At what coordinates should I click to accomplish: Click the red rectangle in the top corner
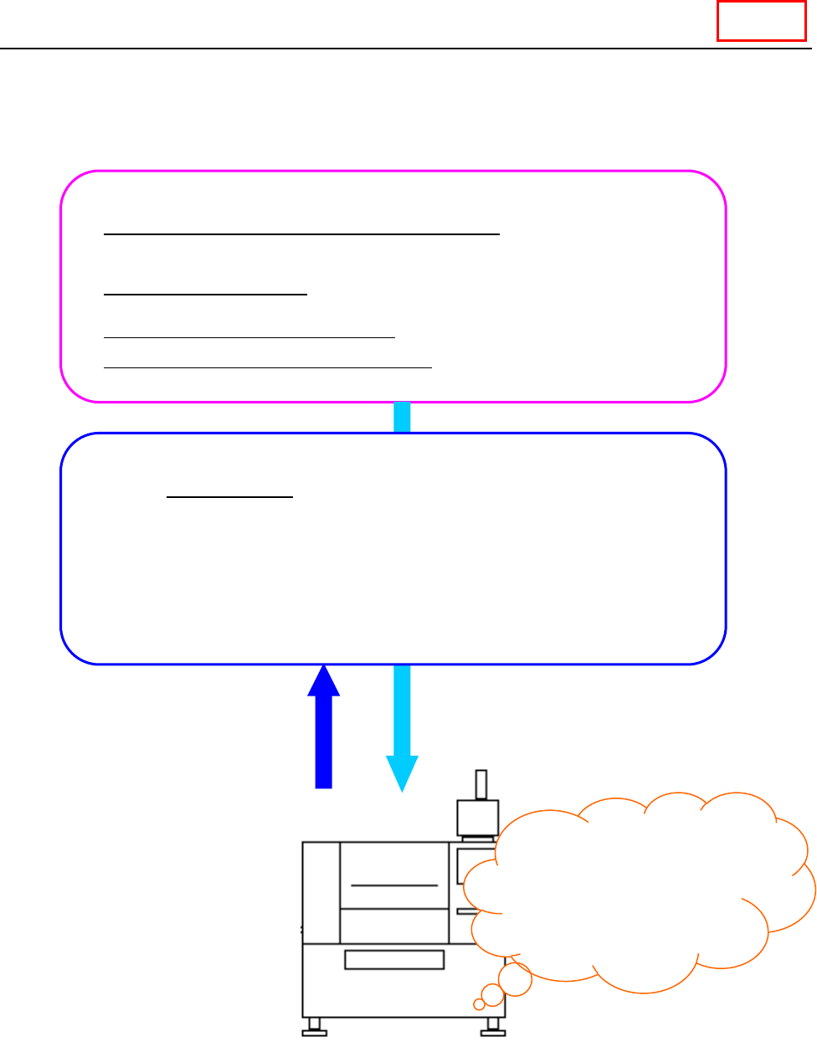click(x=761, y=21)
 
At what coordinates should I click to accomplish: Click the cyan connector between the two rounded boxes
click(x=402, y=418)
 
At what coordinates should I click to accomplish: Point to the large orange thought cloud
click(x=636, y=887)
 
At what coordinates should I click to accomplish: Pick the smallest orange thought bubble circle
click(x=479, y=1004)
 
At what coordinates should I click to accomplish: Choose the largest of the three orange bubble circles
click(x=516, y=978)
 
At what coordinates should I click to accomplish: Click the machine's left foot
click(x=314, y=1027)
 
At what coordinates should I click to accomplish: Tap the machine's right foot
click(x=493, y=1027)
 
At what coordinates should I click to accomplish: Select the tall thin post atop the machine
click(x=481, y=785)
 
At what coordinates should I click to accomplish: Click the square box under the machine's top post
click(x=477, y=817)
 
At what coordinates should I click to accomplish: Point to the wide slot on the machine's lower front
click(x=394, y=960)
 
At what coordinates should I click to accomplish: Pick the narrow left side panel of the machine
click(x=321, y=892)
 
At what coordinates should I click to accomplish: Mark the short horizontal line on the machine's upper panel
click(x=394, y=885)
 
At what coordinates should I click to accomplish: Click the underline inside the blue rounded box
click(x=230, y=497)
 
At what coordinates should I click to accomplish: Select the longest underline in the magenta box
click(x=301, y=235)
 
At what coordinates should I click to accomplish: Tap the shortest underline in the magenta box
click(x=206, y=295)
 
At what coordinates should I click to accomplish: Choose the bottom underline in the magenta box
click(x=268, y=367)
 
